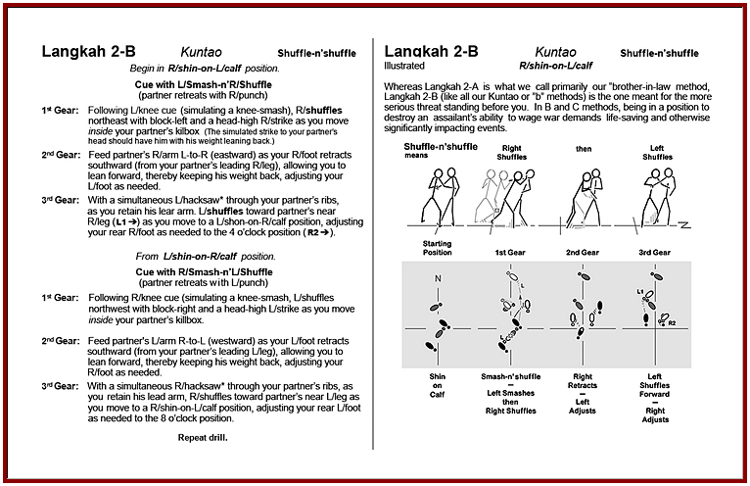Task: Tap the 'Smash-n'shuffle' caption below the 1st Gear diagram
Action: (x=509, y=375)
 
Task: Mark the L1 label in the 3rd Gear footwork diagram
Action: (x=639, y=293)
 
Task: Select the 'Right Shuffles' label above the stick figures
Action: (x=511, y=151)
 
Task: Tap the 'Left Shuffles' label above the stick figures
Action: (x=659, y=151)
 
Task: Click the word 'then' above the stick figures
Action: (x=584, y=146)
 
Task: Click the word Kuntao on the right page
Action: (x=555, y=51)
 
